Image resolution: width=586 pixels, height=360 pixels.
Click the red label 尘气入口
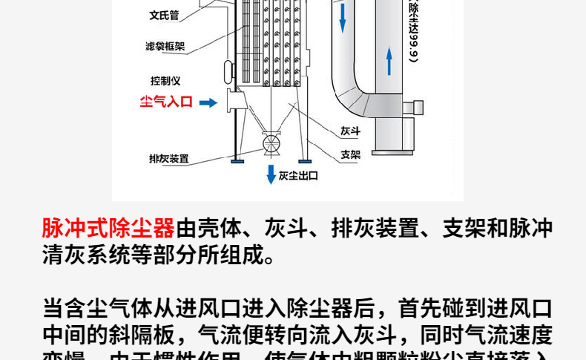pos(166,102)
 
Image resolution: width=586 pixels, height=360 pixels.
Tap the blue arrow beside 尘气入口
pos(208,102)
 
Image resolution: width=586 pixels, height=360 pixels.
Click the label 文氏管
pos(165,14)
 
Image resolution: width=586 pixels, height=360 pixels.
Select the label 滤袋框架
pos(165,47)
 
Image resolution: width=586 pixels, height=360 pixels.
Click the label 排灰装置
pos(168,158)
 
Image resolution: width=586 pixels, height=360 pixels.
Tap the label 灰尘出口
pos(297,176)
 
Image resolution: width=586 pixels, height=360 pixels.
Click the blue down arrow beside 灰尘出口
pos(271,174)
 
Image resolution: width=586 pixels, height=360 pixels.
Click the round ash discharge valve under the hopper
pos(271,141)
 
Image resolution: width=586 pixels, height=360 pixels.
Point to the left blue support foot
pos(237,160)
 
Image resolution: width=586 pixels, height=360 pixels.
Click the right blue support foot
pos(303,160)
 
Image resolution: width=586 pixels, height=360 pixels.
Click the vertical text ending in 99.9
pos(413,30)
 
